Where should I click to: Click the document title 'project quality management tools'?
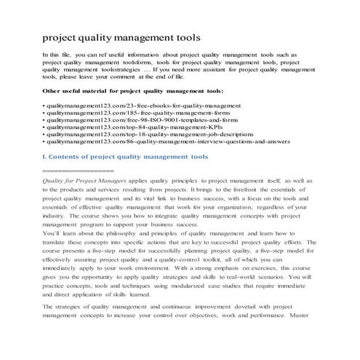tap(121, 37)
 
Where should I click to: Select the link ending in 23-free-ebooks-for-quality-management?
tap(129, 106)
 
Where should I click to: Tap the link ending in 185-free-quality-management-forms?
tap(127, 114)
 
